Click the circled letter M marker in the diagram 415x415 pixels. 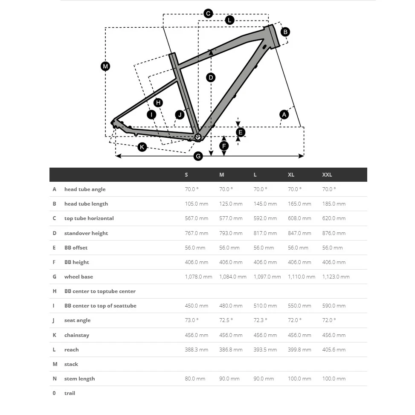pos(105,66)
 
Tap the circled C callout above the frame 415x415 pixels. pos(208,14)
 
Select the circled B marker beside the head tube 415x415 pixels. pos(285,32)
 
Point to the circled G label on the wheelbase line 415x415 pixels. pos(198,156)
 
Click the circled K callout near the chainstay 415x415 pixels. pos(142,147)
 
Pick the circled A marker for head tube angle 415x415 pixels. pos(284,114)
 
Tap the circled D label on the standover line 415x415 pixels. pos(211,78)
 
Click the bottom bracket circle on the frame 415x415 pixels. pos(198,137)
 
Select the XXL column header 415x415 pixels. pos(327,175)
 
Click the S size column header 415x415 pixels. pos(186,175)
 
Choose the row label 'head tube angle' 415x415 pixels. pos(85,189)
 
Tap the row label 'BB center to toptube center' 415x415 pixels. pos(100,291)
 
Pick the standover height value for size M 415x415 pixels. pos(231,233)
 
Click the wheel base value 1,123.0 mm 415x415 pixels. pos(336,277)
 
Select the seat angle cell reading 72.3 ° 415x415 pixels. pos(260,320)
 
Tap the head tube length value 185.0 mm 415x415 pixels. pos(334,204)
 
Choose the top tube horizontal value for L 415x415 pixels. pos(265,218)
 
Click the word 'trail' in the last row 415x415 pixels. pos(70,393)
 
